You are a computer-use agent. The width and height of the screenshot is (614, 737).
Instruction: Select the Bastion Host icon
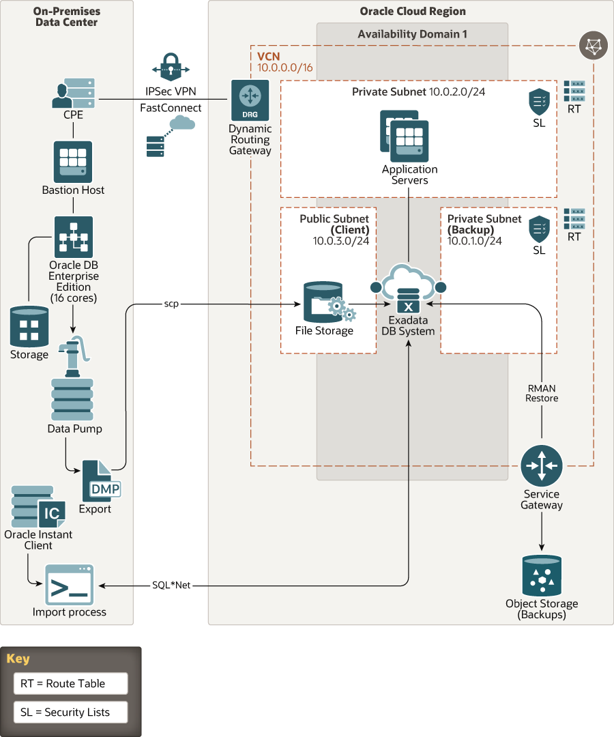(73, 162)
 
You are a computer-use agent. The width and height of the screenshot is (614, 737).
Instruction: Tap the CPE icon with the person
(73, 93)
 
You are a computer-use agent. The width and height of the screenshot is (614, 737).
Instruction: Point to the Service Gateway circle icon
(542, 465)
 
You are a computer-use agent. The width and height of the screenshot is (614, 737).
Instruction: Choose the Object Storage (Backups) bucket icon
(542, 575)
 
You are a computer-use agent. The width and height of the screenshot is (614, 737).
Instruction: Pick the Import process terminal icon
(70, 585)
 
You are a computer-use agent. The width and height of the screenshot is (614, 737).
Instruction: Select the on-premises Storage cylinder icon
(29, 327)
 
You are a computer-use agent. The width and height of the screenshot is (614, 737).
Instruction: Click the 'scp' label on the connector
(171, 303)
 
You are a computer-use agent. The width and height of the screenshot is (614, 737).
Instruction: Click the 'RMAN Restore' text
(542, 393)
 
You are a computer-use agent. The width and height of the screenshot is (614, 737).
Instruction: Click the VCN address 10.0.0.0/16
(284, 68)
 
